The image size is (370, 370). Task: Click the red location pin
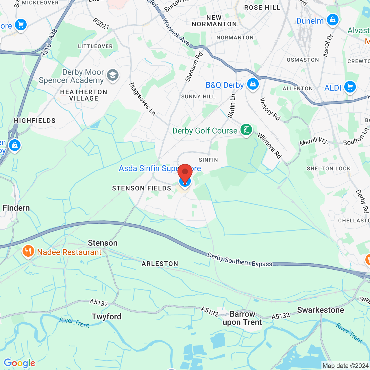click(185, 173)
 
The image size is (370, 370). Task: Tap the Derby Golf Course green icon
click(246, 130)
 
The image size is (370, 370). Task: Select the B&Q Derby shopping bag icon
click(253, 84)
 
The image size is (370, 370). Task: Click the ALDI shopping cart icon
click(350, 87)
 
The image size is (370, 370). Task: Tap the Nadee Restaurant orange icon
click(28, 251)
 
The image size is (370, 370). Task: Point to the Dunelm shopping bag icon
click(332, 20)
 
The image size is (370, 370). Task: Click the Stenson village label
click(103, 243)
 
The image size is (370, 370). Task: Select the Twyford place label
click(106, 317)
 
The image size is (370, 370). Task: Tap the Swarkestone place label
click(321, 310)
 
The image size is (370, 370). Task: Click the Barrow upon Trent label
click(242, 318)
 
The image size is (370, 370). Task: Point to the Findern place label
click(16, 208)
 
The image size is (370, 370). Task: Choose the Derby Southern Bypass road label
click(240, 260)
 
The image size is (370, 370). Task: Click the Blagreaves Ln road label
click(142, 99)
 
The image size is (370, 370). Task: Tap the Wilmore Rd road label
click(269, 146)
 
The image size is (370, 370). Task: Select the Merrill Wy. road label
click(314, 142)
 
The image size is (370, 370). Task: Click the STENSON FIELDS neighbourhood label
click(142, 188)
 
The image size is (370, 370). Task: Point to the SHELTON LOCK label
click(329, 169)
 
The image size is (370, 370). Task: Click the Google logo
click(19, 363)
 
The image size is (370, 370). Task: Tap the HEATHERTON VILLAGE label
click(84, 95)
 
